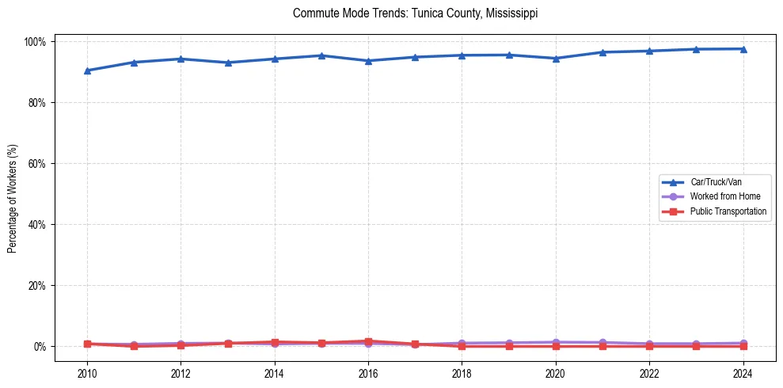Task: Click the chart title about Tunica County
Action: pos(415,13)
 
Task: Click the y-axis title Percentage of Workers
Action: pos(13,193)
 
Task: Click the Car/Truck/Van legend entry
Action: pos(715,182)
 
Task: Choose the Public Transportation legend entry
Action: pos(728,211)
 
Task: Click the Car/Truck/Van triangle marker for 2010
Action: pos(87,70)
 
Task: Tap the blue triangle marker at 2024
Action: pos(743,49)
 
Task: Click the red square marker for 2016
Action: pos(368,341)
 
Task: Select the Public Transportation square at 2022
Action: pos(649,346)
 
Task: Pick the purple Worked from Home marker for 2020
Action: pos(556,342)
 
